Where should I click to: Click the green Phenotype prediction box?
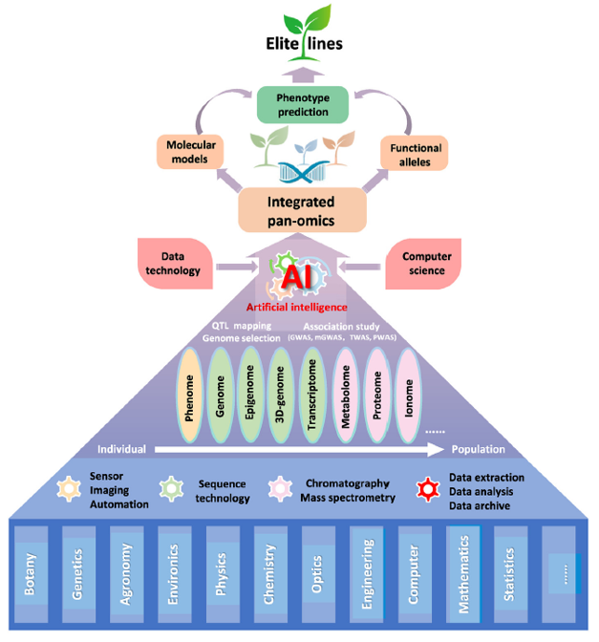[x=302, y=105]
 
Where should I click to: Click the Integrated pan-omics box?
[x=301, y=208]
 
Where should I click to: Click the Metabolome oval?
[x=347, y=396]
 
